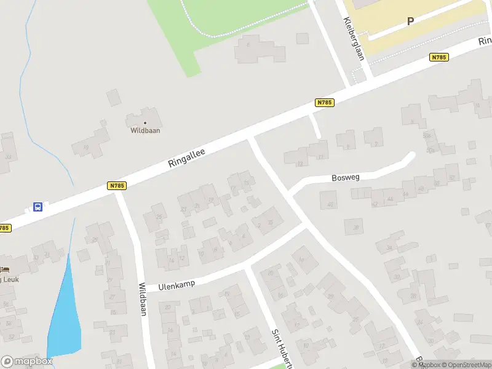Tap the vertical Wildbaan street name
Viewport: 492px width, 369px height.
coord(143,299)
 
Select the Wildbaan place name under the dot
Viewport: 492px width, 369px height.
coord(145,130)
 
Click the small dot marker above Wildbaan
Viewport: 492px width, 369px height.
coord(145,122)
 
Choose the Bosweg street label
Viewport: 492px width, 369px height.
coord(345,178)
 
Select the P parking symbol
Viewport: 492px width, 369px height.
coord(410,21)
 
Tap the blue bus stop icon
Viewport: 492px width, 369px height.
coord(38,207)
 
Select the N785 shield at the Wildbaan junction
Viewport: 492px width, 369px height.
coord(116,186)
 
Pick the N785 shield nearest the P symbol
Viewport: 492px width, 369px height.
coord(438,57)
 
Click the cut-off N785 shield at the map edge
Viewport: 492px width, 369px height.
coord(4,228)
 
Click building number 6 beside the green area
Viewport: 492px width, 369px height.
coord(248,44)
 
